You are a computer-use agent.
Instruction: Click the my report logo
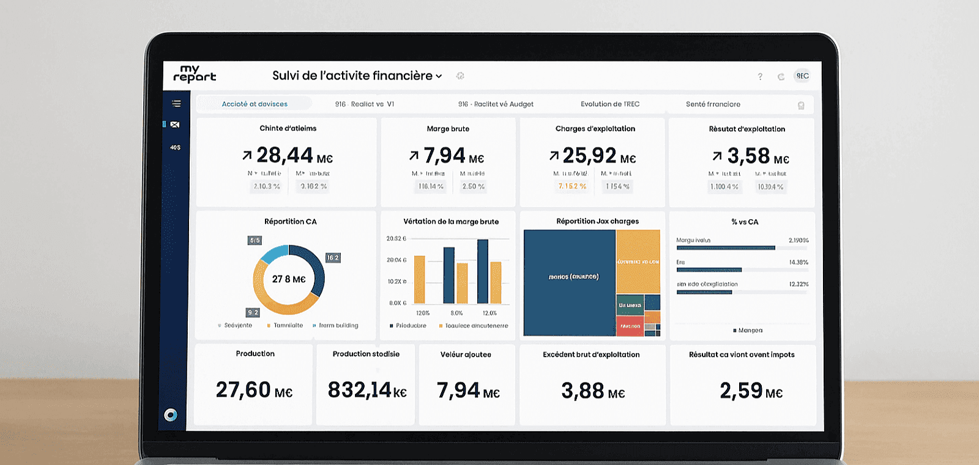[x=195, y=74]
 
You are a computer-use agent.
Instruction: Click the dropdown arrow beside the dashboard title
[x=439, y=76]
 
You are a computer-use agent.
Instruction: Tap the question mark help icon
[x=760, y=76]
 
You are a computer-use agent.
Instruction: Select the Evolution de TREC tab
[x=609, y=104]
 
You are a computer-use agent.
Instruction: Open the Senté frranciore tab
[x=713, y=104]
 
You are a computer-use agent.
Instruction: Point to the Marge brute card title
[x=448, y=128]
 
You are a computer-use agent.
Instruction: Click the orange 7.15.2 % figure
[x=572, y=186]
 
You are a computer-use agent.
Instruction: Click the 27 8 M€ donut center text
[x=289, y=279]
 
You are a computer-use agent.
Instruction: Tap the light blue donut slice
[x=274, y=253]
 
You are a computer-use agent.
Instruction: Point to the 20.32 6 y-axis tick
[x=396, y=239]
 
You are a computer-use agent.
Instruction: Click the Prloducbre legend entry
[x=411, y=325]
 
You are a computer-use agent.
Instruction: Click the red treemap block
[x=629, y=325]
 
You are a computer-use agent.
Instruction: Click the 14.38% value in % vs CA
[x=798, y=262]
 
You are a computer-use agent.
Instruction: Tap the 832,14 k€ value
[x=367, y=390]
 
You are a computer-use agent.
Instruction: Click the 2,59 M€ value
[x=751, y=391]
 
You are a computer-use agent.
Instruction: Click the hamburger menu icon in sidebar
[x=176, y=103]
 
